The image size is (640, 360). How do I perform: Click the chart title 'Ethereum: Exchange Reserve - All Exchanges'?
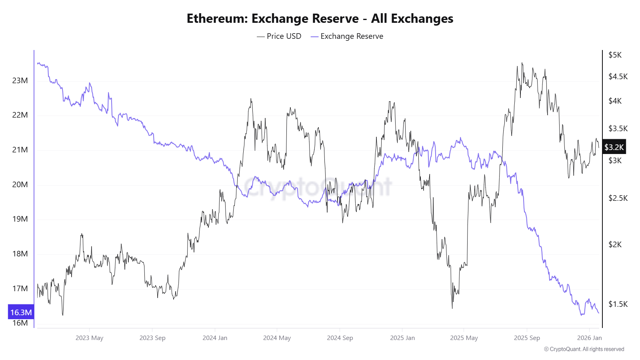320,18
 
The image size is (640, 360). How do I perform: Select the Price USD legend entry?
279,36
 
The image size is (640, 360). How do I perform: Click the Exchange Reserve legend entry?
347,36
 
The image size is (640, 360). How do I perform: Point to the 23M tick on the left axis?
20,80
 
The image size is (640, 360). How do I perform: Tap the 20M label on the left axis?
20,184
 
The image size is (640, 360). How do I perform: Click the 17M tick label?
20,288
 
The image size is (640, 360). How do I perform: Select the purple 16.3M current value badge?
21,312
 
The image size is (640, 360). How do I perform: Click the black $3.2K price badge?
614,147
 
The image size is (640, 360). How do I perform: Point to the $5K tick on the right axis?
615,55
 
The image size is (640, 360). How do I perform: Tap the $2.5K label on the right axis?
618,198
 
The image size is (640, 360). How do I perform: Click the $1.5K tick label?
618,304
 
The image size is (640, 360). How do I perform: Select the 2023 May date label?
89,338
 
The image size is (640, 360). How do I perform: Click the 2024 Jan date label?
215,338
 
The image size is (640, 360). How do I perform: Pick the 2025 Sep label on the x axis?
527,338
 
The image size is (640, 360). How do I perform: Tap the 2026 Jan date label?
589,338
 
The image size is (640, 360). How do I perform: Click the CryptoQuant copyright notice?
584,349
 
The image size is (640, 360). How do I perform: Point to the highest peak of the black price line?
522,63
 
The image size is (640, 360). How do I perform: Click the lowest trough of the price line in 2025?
452,308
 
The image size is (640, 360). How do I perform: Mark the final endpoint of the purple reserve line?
599,313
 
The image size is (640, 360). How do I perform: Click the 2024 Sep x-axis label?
340,338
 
